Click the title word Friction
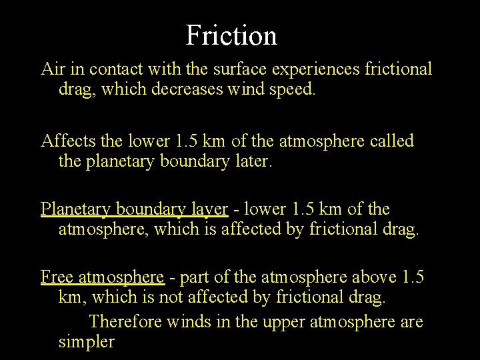tap(231, 35)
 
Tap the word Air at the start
tap(52, 68)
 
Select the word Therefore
tap(125, 321)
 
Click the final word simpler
tap(87, 343)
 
